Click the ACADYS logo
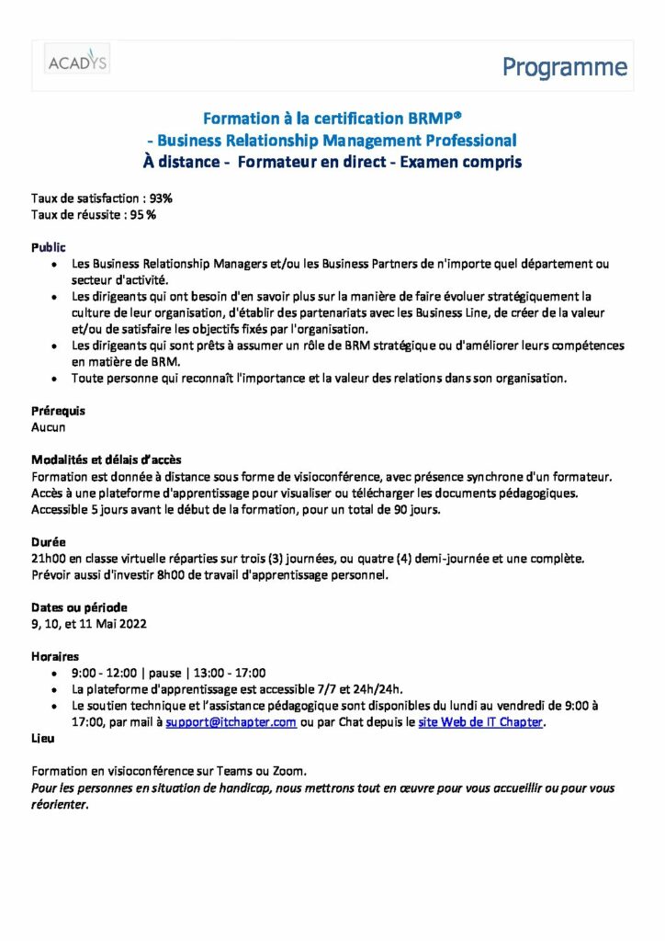(x=78, y=62)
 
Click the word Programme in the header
(x=565, y=67)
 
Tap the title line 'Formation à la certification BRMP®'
(x=332, y=119)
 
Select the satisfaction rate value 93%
(x=160, y=198)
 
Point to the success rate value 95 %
(x=142, y=215)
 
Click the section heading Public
(x=49, y=247)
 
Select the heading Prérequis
(x=58, y=411)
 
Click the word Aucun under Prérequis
(x=49, y=427)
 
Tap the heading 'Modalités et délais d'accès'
(x=112, y=459)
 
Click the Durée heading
(x=49, y=542)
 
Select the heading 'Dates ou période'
(x=79, y=607)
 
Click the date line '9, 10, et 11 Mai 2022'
(x=88, y=624)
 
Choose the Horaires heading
(x=55, y=657)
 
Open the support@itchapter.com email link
(x=231, y=723)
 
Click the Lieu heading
(x=42, y=738)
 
